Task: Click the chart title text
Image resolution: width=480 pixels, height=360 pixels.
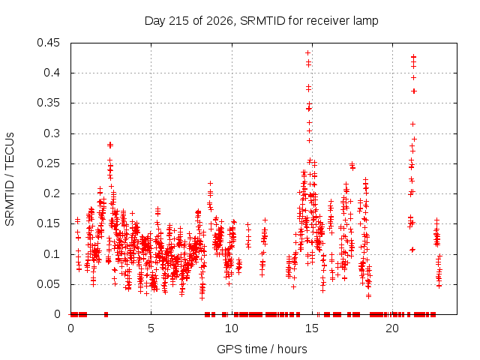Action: click(x=262, y=21)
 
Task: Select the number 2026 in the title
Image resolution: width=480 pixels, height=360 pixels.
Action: click(x=220, y=21)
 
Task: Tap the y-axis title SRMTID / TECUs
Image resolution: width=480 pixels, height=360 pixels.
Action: click(x=10, y=179)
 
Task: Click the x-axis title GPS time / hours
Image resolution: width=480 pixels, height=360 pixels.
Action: click(x=262, y=349)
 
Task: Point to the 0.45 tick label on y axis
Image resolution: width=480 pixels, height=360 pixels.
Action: click(x=48, y=43)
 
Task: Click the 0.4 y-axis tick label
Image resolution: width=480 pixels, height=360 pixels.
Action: click(x=52, y=73)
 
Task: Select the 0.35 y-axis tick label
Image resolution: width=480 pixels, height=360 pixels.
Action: click(x=48, y=103)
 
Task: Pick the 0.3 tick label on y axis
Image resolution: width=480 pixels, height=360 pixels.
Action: click(x=52, y=133)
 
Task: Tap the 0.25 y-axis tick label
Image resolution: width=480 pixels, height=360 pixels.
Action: click(x=48, y=163)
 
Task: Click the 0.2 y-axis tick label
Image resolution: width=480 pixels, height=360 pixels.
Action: click(x=52, y=193)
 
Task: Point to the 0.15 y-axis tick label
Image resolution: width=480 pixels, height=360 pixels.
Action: click(x=48, y=223)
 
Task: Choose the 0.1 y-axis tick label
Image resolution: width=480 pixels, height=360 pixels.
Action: click(x=52, y=254)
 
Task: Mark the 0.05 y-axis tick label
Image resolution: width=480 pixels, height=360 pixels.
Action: click(x=48, y=284)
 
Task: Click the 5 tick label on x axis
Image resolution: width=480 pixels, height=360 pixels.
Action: click(x=151, y=328)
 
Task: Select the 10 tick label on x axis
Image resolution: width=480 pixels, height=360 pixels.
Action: click(x=232, y=328)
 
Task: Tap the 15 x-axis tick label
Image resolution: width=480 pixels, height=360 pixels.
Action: click(x=312, y=328)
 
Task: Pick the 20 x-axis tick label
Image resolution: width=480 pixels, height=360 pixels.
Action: click(x=392, y=328)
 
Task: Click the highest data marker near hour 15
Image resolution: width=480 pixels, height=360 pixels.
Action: click(x=308, y=53)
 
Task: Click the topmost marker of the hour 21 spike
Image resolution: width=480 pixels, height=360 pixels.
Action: click(x=413, y=57)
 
